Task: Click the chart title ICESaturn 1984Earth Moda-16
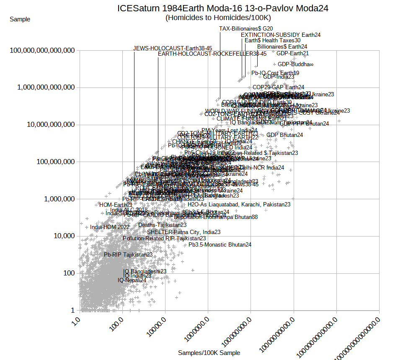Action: point(222,8)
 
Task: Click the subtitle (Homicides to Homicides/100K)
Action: point(218,18)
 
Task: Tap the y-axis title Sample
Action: point(20,19)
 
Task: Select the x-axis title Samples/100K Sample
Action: point(209,353)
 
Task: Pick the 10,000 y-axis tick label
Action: point(62,236)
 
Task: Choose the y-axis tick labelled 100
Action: point(69,273)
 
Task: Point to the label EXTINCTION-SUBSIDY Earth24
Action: point(281,35)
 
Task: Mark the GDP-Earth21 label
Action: point(292,53)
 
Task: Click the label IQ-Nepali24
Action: point(132,280)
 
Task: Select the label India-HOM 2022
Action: point(110,227)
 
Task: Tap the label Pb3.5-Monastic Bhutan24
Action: point(220,244)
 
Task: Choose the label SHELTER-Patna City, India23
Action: point(183,232)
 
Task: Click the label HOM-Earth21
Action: point(116,205)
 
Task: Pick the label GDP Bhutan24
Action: point(284,135)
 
